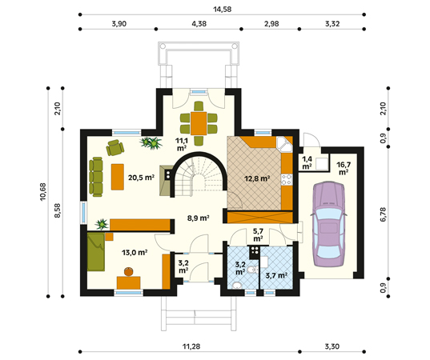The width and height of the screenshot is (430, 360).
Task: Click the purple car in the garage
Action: coord(328,224)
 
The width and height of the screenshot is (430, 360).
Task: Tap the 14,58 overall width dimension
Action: coord(223,10)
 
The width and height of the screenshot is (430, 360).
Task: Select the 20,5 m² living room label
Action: coord(141,178)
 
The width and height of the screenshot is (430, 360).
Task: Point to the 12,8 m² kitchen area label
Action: coord(257,179)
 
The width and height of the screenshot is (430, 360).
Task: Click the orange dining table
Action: coord(199,123)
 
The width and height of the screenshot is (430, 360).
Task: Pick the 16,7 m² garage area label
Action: coord(344,169)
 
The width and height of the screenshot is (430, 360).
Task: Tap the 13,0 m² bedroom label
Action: coord(135,252)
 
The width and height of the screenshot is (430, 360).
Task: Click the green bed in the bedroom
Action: coord(96,252)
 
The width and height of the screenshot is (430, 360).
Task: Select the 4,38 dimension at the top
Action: coord(199,24)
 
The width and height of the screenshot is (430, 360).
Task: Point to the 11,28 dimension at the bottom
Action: coord(191,346)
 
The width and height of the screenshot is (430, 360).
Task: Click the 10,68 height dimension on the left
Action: coord(43,192)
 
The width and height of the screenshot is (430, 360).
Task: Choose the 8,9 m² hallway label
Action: coord(199,218)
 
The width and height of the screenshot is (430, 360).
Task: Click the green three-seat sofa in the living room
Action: coord(96,177)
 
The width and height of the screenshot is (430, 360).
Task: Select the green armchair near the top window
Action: coord(115,147)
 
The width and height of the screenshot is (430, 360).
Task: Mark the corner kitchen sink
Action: coord(283,144)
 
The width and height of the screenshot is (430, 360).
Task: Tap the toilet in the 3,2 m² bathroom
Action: coord(252,270)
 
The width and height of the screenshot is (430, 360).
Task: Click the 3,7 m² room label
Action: coord(276,275)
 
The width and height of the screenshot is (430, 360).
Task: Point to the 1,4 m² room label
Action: coord(307,162)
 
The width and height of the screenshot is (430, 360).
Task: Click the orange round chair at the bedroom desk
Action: coord(129,271)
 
